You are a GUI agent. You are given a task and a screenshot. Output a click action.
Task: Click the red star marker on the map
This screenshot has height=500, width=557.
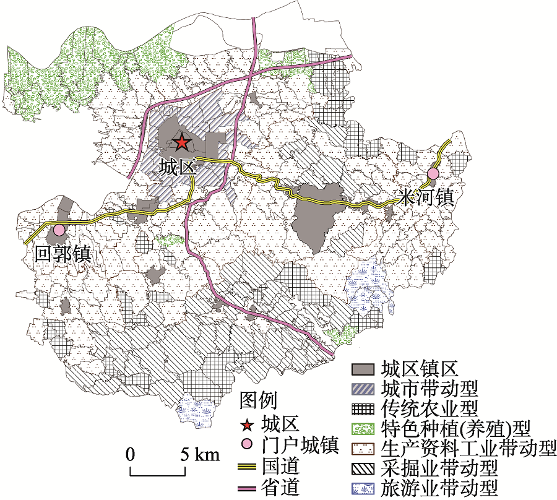click(181, 143)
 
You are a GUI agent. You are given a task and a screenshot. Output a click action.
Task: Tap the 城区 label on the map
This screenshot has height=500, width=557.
click(176, 166)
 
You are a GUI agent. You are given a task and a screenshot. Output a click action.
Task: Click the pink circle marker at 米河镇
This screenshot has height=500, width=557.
click(433, 173)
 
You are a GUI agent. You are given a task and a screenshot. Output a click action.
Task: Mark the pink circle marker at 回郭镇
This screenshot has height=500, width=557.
click(59, 230)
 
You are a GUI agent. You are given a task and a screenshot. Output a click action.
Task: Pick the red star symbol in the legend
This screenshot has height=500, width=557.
click(248, 425)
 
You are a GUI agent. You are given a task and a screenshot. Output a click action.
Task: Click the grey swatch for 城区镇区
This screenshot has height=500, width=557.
click(365, 369)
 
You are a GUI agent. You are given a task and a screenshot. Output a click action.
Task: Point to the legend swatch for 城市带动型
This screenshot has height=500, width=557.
click(365, 389)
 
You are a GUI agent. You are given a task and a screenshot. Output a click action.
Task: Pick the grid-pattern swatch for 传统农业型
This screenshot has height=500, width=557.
click(365, 408)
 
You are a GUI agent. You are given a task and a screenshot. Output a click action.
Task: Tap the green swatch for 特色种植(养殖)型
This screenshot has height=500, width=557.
click(365, 428)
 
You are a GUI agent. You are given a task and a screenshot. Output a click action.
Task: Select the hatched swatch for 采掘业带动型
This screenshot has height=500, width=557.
click(365, 468)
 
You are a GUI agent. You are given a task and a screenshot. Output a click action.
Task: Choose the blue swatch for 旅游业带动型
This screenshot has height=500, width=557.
click(365, 488)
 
